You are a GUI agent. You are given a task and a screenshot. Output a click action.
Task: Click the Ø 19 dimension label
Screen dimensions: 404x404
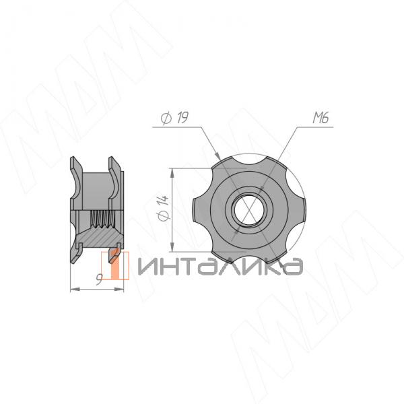[x=174, y=118]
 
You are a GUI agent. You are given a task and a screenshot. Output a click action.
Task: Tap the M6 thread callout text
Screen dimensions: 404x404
[x=321, y=118]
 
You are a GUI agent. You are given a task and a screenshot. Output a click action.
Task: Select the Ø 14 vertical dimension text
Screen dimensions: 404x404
[x=164, y=208]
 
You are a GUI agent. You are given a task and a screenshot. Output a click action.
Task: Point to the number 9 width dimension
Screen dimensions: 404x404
[x=99, y=280]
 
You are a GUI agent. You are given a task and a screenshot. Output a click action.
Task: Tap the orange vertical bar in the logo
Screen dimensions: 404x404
[x=115, y=265]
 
